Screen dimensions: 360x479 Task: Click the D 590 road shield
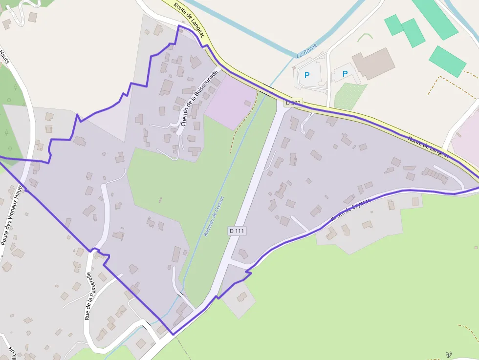294,103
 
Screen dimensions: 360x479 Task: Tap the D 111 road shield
236,230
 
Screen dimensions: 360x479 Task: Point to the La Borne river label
307,50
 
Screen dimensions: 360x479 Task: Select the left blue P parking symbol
307,75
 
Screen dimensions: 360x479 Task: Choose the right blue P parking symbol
345,74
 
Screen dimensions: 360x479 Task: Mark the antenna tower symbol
449,354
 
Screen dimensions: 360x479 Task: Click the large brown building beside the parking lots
373,63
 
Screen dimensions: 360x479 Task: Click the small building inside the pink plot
247,103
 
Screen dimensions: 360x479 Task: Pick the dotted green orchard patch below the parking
350,96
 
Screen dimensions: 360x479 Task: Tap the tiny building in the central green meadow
160,199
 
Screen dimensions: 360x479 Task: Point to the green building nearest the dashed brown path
447,62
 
